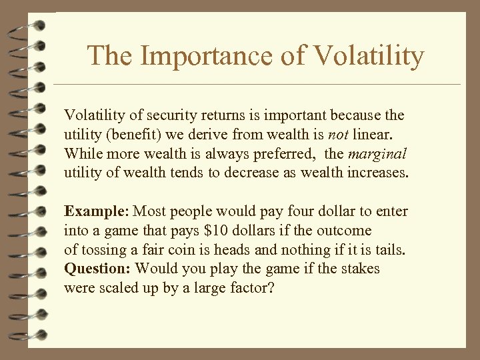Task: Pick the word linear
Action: [379, 135]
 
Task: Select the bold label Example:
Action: [97, 211]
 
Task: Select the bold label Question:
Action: [99, 269]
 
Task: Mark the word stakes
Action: [358, 269]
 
